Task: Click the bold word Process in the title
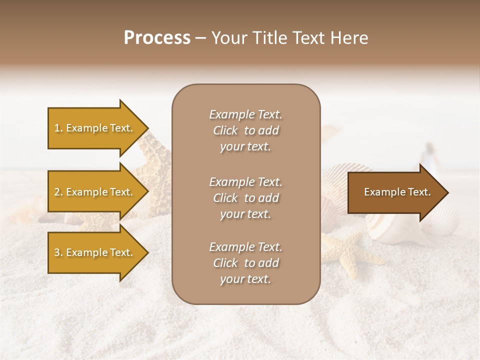157,38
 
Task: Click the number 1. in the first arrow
58,128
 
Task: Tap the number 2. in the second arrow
58,192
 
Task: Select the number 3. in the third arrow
58,252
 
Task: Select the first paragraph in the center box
245,130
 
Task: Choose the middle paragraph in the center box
245,198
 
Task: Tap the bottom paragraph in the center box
245,263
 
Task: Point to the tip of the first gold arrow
147,128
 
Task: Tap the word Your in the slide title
228,38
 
